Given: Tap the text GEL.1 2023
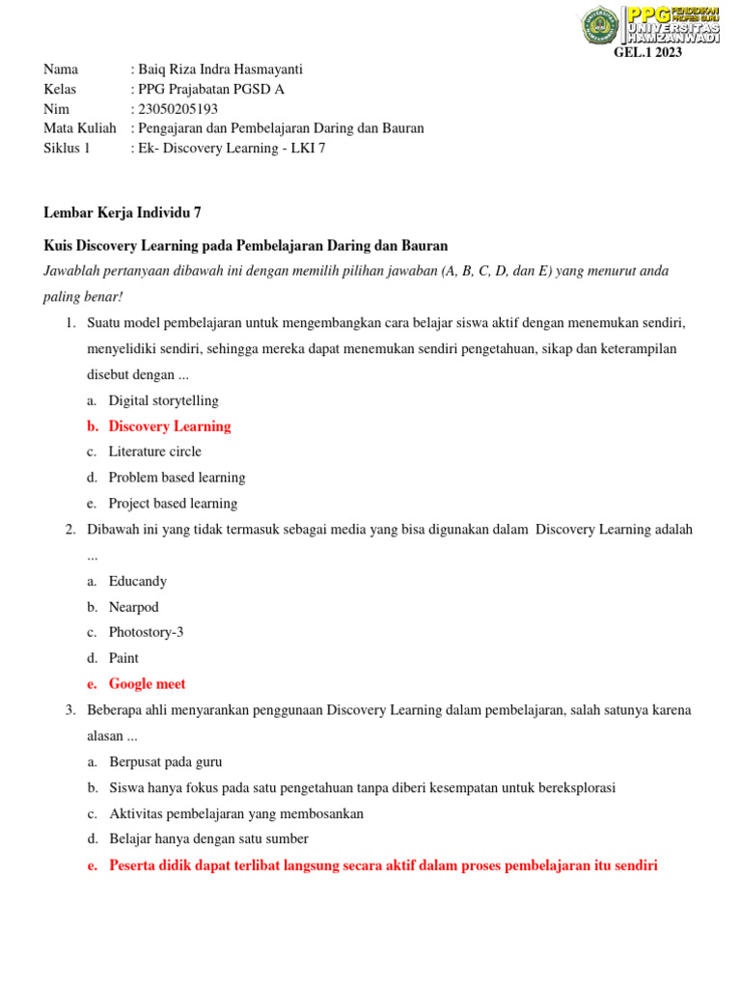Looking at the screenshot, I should [647, 53].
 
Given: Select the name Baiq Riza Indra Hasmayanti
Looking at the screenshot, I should [221, 69].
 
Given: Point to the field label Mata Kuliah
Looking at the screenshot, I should [80, 128].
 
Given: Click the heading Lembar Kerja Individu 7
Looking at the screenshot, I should [123, 213].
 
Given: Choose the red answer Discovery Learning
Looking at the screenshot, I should [170, 426].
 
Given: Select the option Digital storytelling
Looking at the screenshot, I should [163, 400].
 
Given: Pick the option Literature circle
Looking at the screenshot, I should [154, 452].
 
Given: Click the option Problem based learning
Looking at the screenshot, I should [177, 478].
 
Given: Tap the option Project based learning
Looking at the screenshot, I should [173, 504].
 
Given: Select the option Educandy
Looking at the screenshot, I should [137, 582].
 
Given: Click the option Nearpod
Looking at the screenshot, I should [133, 608].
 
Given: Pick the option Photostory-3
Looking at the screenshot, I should [146, 633].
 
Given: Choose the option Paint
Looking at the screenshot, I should [123, 658].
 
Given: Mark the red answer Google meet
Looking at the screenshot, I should [147, 684].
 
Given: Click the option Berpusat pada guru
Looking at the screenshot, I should [165, 762].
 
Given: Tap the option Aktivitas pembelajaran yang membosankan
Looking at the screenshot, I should [235, 813].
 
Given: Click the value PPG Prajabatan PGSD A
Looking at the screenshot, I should [211, 90].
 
